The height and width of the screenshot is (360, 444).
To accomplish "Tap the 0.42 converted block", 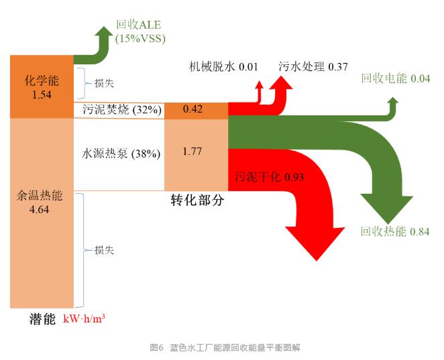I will coord(196,110).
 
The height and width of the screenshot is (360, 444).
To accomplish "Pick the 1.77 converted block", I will coord(196,152).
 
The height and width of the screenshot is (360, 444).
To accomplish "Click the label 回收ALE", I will coord(140,25).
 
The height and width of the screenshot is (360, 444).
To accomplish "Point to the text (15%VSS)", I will coord(140,38).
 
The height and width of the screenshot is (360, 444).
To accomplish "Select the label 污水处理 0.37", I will coord(313,66).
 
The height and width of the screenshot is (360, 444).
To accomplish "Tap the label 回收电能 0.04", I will coord(395,78).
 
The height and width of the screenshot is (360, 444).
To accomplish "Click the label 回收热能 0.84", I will coord(395,232).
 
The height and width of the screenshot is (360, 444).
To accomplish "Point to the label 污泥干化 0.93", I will coord(270,178).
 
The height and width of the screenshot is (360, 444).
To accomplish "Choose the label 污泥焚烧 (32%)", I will coord(118,110).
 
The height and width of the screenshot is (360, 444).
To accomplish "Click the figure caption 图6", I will coord(157,348).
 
